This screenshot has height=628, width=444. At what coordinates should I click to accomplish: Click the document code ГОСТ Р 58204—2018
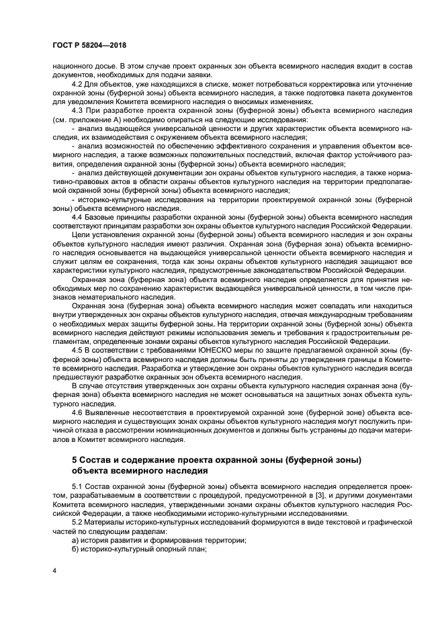(x=89, y=45)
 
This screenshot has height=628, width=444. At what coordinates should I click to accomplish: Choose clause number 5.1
(x=76, y=486)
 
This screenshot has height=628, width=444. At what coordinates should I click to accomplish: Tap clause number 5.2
(x=76, y=521)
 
